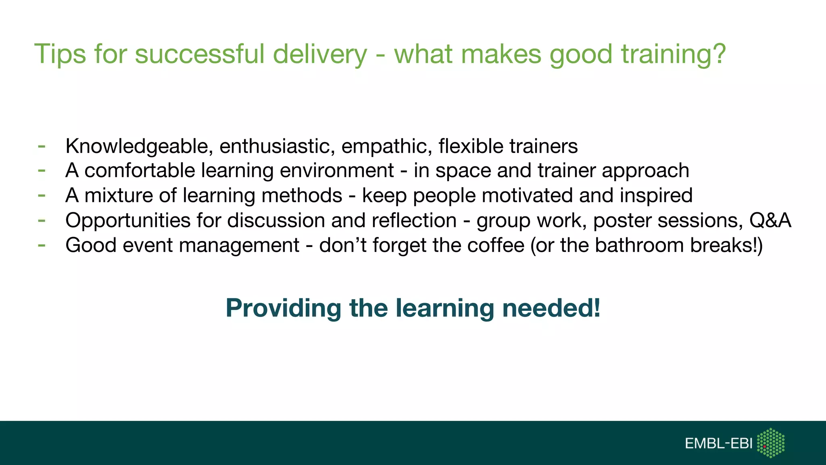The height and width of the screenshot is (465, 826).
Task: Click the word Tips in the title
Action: tap(60, 54)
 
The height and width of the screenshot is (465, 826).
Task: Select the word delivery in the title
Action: tap(320, 54)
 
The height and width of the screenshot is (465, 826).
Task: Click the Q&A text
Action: tap(770, 220)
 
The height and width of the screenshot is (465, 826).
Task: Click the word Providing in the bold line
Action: tap(284, 308)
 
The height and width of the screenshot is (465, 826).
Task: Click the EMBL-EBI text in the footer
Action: tap(718, 444)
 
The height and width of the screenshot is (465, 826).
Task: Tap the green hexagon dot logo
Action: tap(771, 443)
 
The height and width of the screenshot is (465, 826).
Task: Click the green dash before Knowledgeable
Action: tap(42, 147)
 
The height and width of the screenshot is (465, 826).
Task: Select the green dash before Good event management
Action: tap(42, 245)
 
